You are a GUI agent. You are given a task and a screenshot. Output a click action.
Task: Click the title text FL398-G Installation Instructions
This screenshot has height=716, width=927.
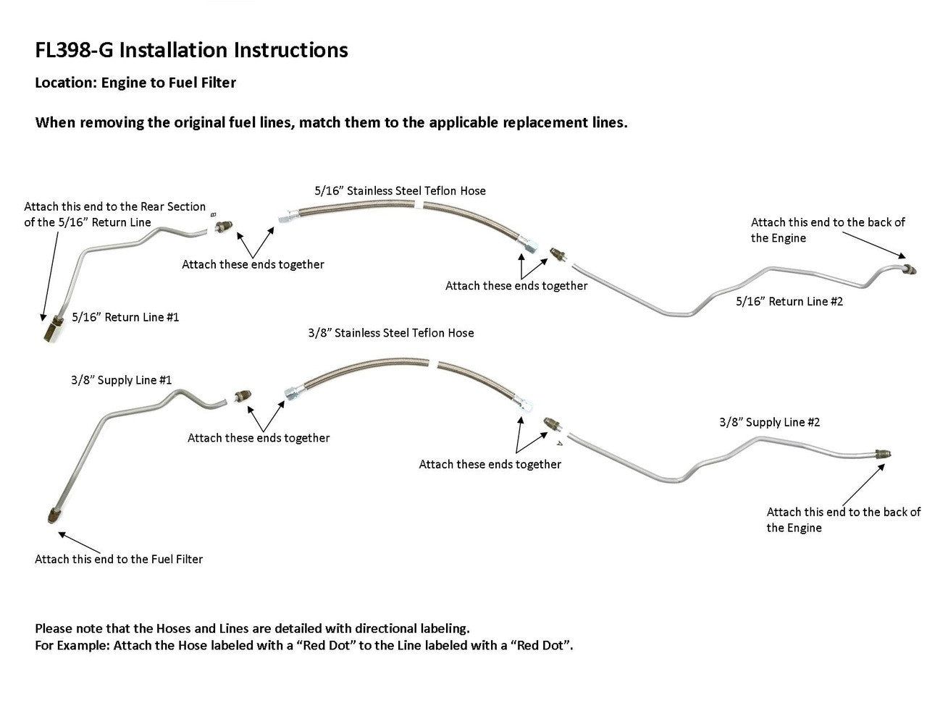click(191, 50)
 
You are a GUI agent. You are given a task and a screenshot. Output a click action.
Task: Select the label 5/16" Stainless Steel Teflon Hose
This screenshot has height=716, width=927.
click(400, 191)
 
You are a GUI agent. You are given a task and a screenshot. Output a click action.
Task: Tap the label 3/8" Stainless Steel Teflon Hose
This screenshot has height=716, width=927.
click(391, 333)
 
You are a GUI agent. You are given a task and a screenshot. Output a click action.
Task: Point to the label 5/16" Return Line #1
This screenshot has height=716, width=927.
click(125, 317)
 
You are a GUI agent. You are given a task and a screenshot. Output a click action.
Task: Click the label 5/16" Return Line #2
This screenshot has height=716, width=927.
click(789, 301)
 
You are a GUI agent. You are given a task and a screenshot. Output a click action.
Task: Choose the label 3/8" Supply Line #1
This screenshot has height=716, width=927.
click(121, 380)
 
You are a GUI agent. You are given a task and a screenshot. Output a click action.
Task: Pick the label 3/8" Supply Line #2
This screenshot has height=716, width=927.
click(769, 422)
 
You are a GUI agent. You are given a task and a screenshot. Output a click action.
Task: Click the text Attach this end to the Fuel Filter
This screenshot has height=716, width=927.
click(119, 559)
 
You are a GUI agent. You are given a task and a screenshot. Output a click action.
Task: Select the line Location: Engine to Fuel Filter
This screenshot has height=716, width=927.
click(135, 83)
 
